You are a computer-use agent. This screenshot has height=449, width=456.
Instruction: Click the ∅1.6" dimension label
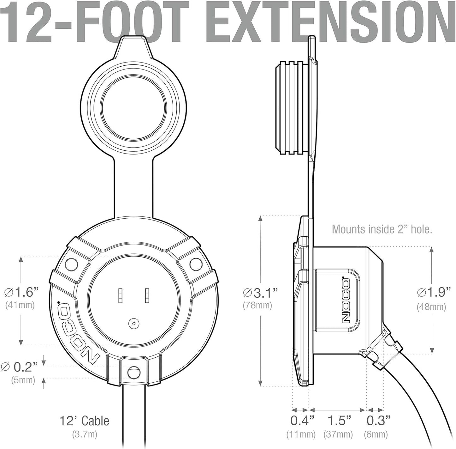point(21,292)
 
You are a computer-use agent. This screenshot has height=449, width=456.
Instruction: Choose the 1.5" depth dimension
point(339,421)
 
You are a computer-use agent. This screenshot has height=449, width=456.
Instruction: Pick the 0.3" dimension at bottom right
point(378,421)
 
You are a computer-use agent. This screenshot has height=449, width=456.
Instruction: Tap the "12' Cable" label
point(84,421)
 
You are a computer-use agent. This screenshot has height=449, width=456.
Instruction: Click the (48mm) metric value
point(431,307)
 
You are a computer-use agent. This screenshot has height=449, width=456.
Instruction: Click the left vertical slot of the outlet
point(120,296)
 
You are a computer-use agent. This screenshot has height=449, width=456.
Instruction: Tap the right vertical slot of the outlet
point(147,296)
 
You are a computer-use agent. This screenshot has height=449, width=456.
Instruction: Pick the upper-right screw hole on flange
point(195,263)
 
